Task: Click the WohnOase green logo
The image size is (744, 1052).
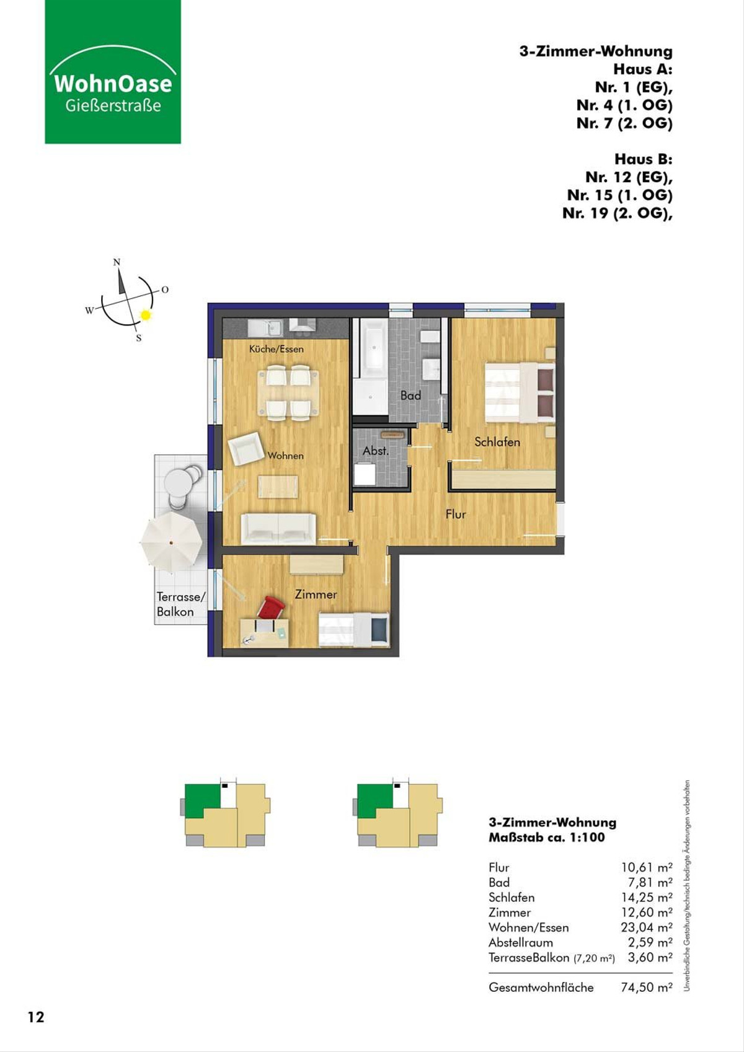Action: point(113,71)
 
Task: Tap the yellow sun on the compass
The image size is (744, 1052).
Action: point(146,316)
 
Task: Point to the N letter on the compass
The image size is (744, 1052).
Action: point(117,262)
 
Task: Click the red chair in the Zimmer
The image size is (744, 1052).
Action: point(271,608)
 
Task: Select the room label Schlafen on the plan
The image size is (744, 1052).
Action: point(497,442)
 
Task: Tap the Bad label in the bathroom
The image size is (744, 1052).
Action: point(410,396)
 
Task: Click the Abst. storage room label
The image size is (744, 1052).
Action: point(376,451)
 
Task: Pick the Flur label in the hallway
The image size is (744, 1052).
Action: point(456,515)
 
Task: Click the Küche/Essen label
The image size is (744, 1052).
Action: point(276,349)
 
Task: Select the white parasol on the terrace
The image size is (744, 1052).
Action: point(171,542)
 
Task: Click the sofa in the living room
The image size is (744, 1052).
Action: point(278,529)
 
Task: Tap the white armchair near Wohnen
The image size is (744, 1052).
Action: point(246,448)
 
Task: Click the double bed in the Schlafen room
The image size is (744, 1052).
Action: point(520,392)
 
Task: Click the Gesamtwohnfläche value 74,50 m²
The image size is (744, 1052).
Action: point(646,987)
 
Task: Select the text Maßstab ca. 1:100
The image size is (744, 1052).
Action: point(547,837)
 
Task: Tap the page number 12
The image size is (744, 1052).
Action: point(36,1017)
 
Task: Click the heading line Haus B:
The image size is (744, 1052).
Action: point(644,159)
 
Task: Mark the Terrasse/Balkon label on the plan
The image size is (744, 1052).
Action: point(181,604)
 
